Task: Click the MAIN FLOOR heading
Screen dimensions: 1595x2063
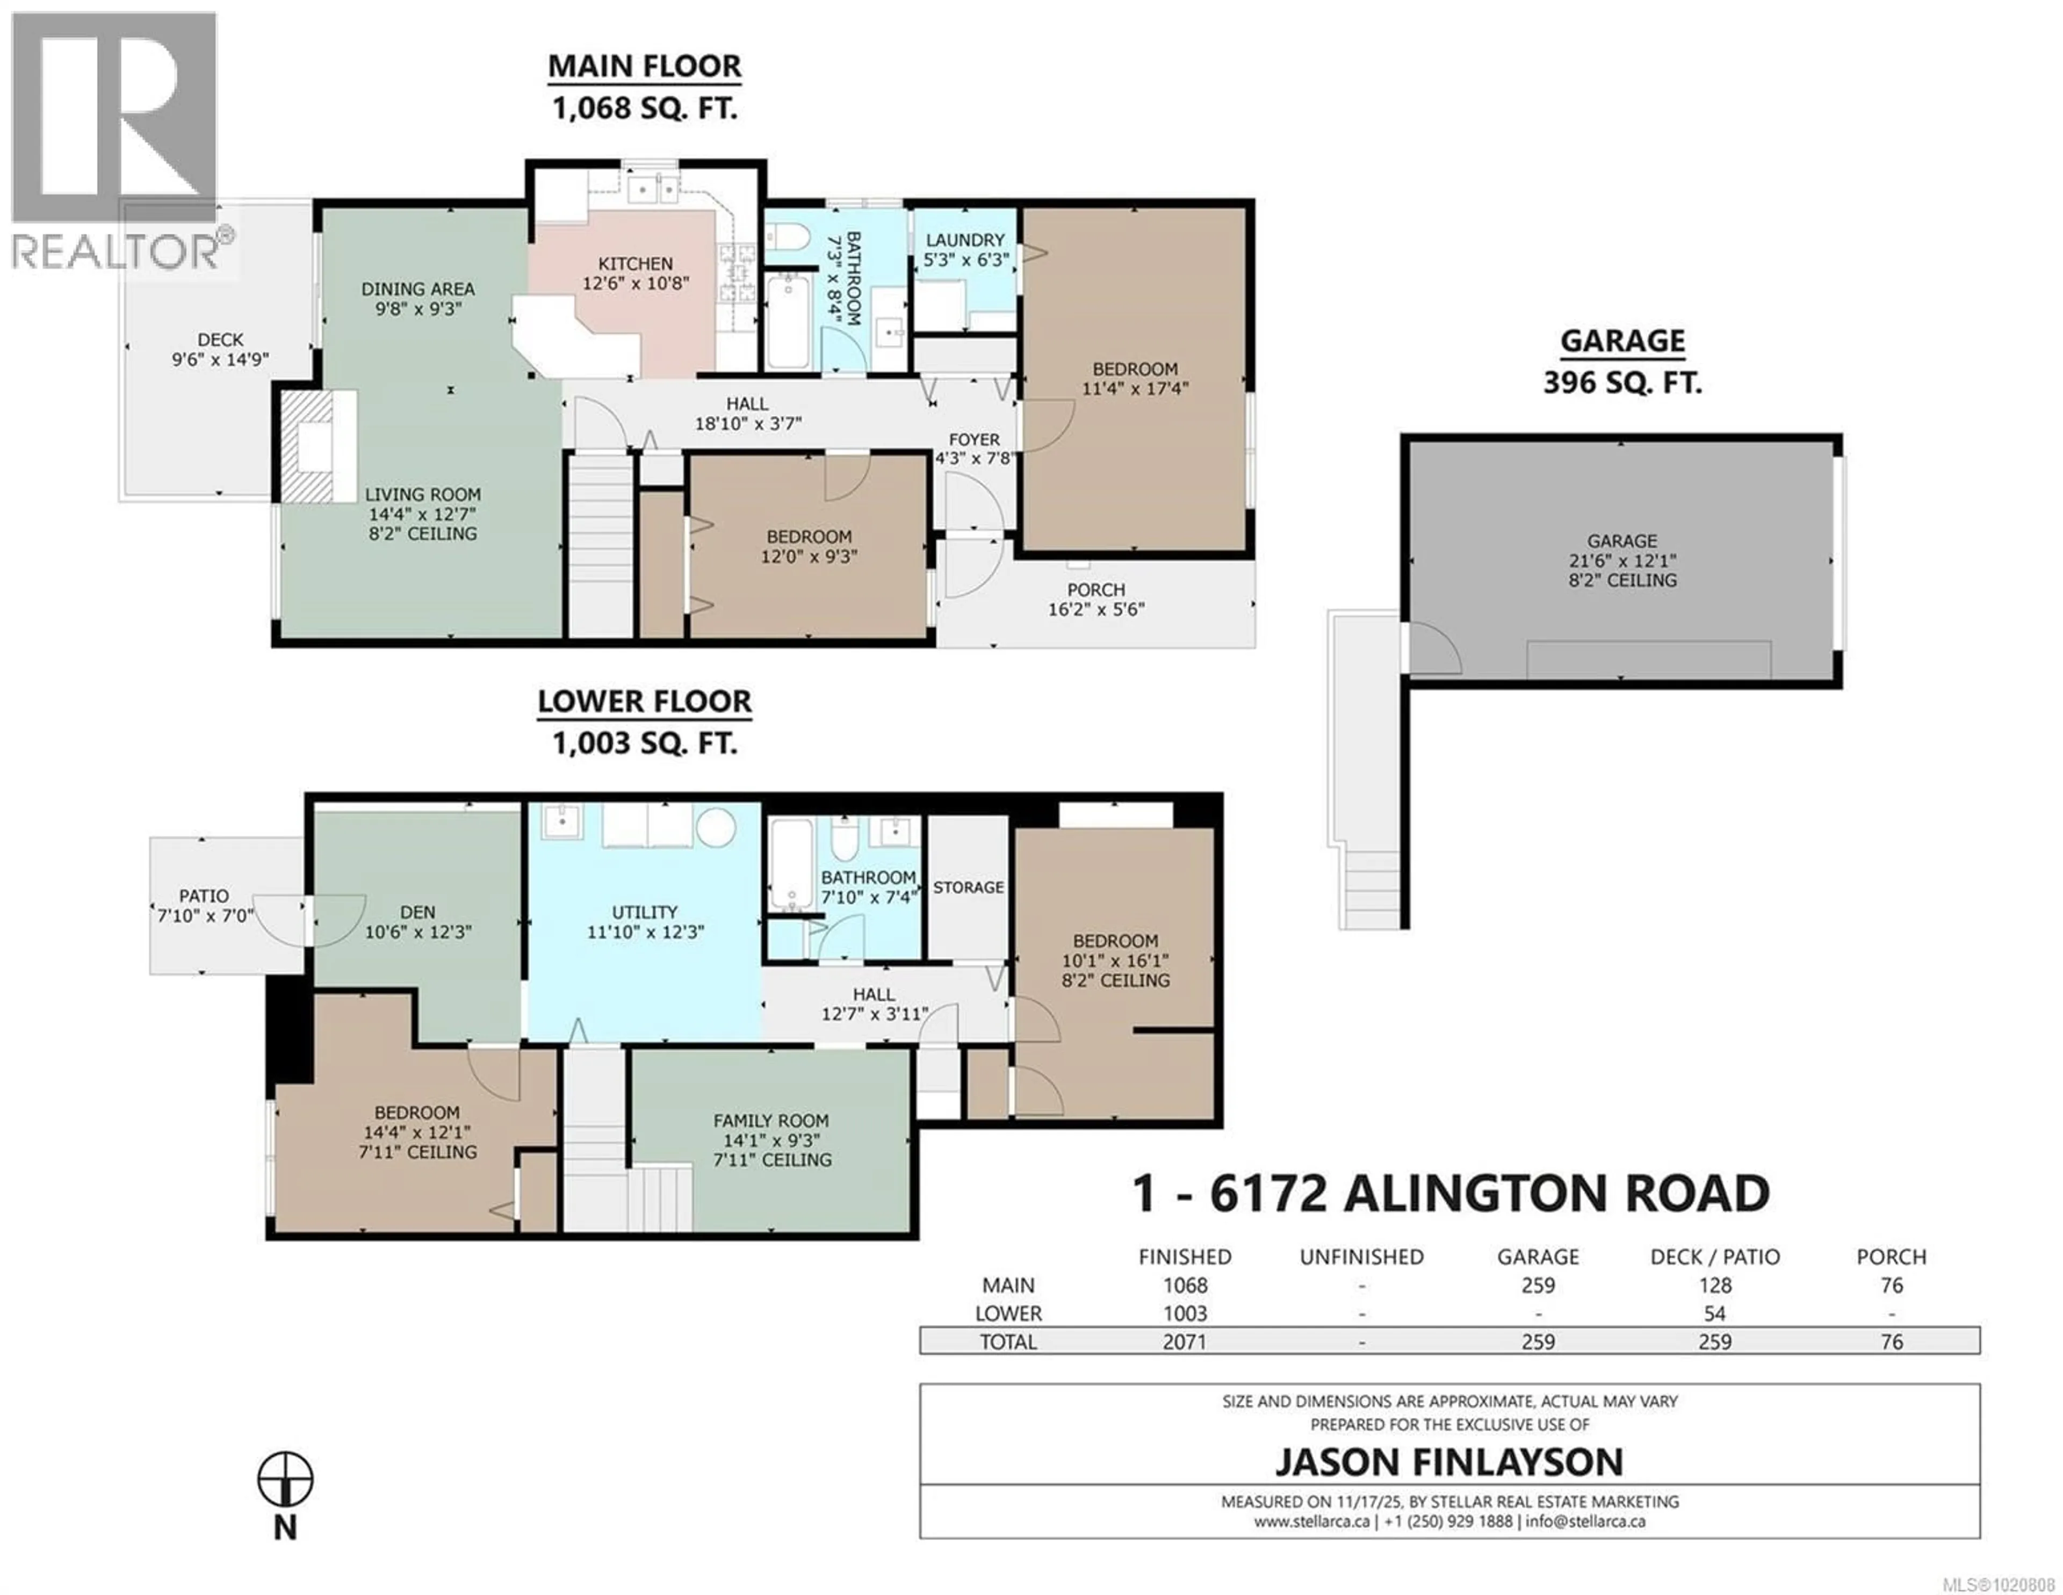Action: pyautogui.click(x=644, y=66)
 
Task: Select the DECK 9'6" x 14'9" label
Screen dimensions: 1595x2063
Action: pyautogui.click(x=220, y=349)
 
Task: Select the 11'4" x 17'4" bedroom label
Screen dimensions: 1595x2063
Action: pyautogui.click(x=1135, y=379)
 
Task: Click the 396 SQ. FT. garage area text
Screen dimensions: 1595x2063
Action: pyautogui.click(x=1622, y=382)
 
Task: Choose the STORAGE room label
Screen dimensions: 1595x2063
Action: pyautogui.click(x=968, y=887)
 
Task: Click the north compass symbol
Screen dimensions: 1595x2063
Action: pyautogui.click(x=285, y=1480)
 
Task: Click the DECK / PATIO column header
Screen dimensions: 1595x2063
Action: pyautogui.click(x=1714, y=1257)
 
